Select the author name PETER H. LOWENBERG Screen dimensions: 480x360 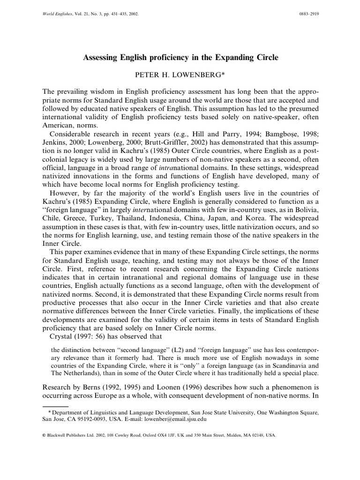coord(180,74)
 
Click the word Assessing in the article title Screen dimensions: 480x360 coord(100,58)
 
